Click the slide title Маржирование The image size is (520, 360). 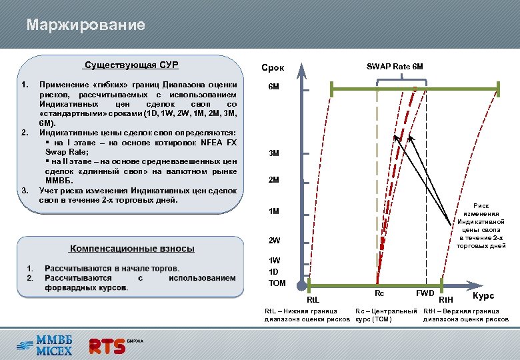click(x=85, y=26)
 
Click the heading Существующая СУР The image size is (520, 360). click(x=130, y=65)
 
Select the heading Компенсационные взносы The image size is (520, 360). click(x=132, y=249)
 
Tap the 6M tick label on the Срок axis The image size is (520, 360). click(x=274, y=87)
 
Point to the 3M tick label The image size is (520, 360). click(x=274, y=153)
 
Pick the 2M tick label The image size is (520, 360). click(x=274, y=180)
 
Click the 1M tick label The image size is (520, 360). click(x=274, y=212)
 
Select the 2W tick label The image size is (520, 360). click(x=274, y=240)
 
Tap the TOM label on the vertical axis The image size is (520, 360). click(x=277, y=283)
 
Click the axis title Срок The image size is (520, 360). click(x=273, y=68)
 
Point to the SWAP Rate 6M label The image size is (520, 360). click(x=395, y=67)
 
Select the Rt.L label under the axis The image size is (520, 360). click(x=313, y=299)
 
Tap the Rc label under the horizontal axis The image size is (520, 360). click(x=379, y=293)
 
